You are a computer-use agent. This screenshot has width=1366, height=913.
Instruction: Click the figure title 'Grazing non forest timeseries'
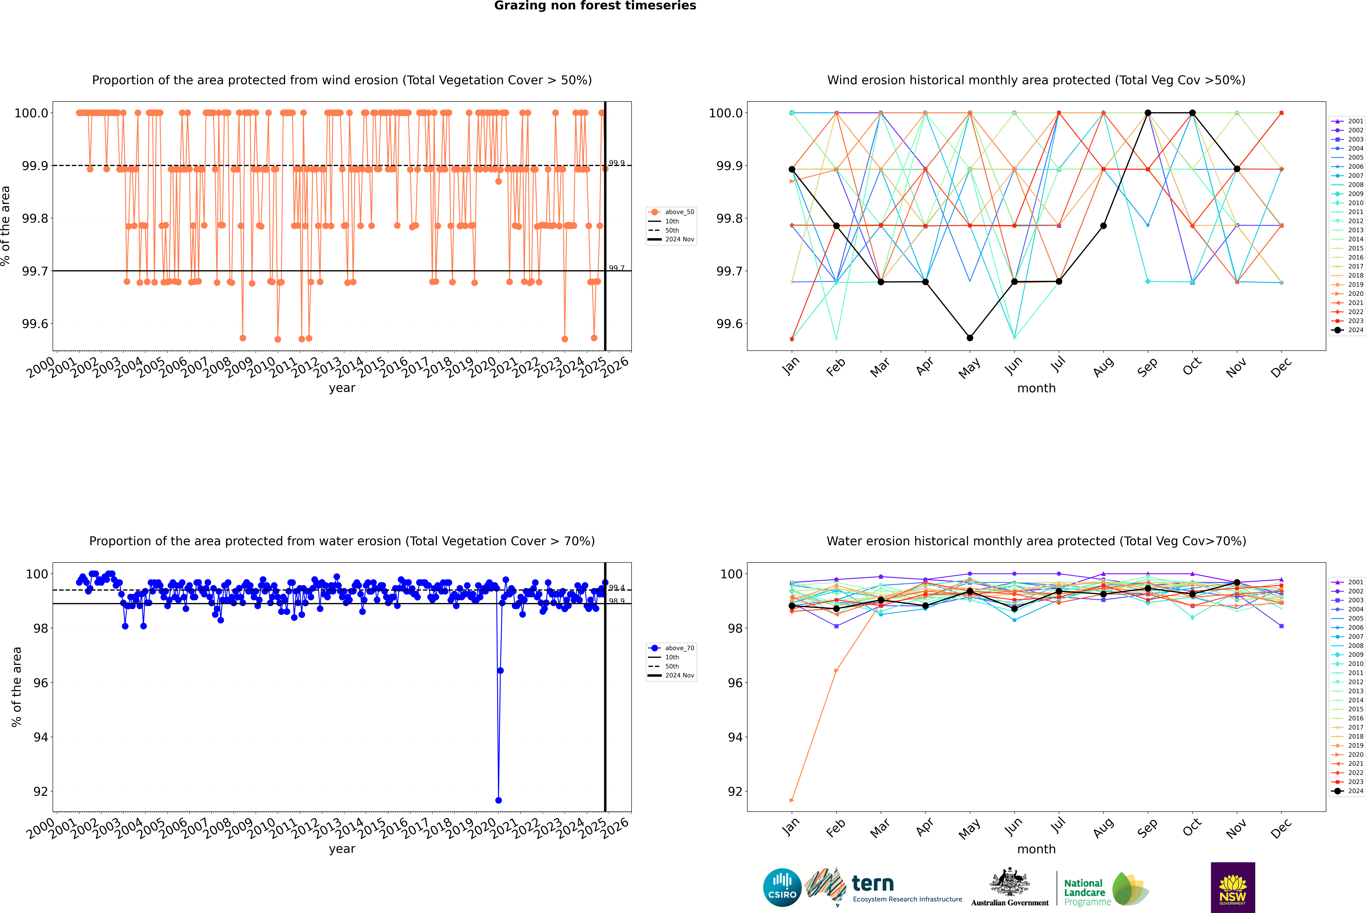click(x=595, y=6)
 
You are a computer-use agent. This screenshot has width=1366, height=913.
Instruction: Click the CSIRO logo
click(x=782, y=887)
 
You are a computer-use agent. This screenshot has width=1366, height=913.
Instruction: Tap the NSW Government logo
click(x=1233, y=887)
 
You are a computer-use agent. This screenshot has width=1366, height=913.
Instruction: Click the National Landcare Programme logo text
click(x=1084, y=892)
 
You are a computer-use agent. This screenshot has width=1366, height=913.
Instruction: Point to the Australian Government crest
click(x=1010, y=882)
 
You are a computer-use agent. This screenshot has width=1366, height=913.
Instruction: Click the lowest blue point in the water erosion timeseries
click(x=498, y=800)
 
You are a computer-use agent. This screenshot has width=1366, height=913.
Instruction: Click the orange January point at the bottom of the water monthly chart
click(x=792, y=800)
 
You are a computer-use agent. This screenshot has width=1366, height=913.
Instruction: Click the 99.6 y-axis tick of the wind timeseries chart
click(x=35, y=324)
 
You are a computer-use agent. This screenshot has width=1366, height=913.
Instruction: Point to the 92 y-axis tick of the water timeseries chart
click(x=41, y=791)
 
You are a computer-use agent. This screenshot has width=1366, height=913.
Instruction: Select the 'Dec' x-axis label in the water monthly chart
click(x=1281, y=828)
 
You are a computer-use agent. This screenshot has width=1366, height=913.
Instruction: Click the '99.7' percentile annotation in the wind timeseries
click(x=617, y=268)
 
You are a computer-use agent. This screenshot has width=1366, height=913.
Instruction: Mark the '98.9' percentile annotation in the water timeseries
click(x=617, y=601)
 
